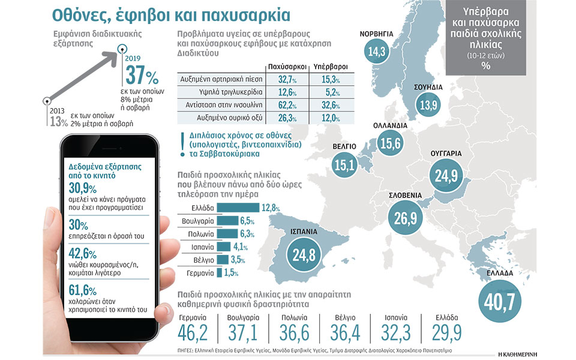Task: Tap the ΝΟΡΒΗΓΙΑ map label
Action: pos(376,34)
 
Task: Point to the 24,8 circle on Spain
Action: pos(304,255)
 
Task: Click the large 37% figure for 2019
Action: pos(142,76)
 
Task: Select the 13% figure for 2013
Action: pos(59,121)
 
